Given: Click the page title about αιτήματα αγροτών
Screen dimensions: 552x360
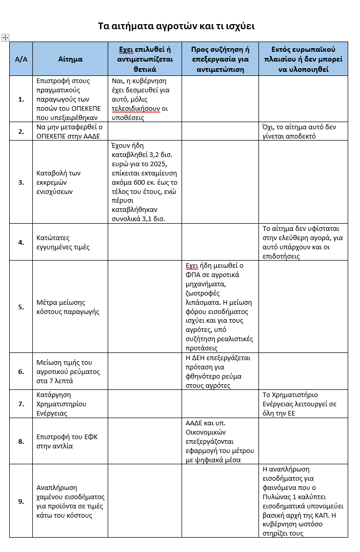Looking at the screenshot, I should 176,26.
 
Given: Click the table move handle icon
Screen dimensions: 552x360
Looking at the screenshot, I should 6,38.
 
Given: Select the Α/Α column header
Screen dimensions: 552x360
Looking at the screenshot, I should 21,59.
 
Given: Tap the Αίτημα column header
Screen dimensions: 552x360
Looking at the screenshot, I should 70,59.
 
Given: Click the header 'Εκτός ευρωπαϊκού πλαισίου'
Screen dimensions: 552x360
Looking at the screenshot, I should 303,59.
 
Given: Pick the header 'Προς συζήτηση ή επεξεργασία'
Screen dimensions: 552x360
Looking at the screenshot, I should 220,59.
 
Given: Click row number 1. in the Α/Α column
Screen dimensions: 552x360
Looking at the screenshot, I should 21,100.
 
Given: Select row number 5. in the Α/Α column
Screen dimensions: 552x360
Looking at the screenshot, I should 21,307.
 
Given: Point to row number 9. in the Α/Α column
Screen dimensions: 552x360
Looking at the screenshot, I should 21,501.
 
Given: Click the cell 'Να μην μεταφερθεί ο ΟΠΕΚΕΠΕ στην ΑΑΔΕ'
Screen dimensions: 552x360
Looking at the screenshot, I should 70,131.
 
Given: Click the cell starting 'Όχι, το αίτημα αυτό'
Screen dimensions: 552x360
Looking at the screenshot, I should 303,131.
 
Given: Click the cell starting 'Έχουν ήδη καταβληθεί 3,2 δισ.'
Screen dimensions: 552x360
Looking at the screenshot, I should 144,182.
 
